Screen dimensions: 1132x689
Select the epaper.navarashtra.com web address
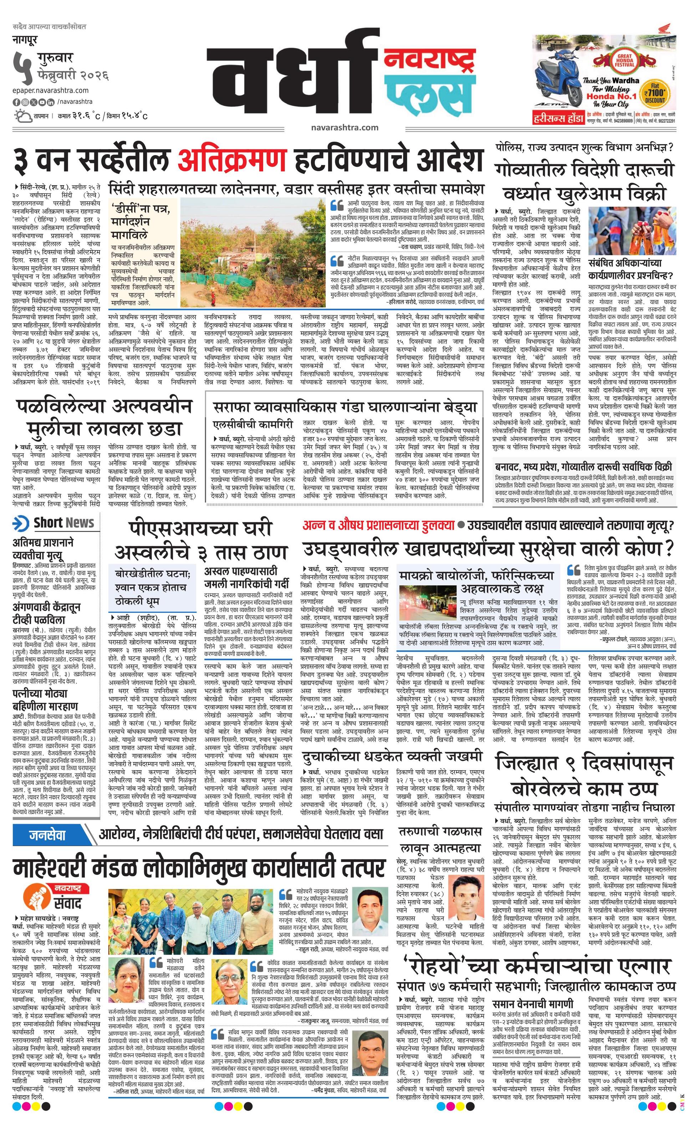click(x=51, y=91)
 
